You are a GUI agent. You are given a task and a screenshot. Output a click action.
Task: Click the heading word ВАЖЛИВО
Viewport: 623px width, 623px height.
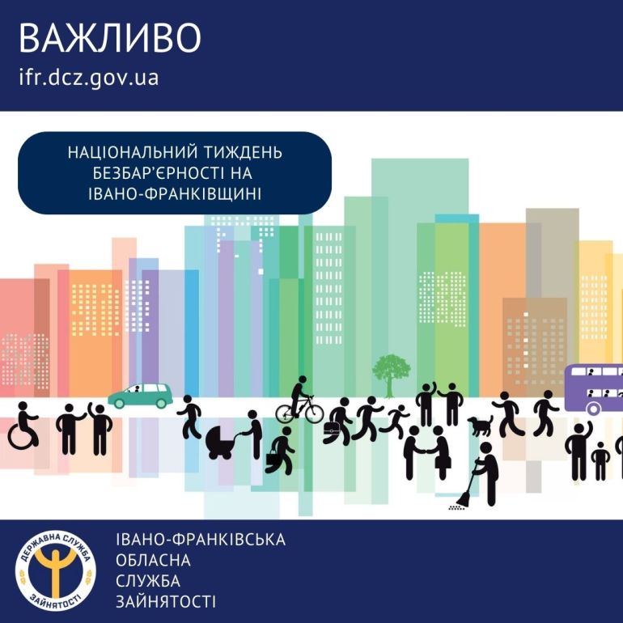click(x=110, y=38)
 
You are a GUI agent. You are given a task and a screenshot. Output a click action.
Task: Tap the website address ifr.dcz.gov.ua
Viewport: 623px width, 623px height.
click(x=89, y=77)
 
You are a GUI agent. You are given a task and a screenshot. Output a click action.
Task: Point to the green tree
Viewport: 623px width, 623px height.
click(x=391, y=375)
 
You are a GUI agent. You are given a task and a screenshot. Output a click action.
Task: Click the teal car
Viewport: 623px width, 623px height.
click(x=140, y=396)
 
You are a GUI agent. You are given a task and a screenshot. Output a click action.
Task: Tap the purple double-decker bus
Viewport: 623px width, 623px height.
click(x=594, y=389)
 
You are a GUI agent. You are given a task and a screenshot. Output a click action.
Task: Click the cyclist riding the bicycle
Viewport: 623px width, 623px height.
click(x=300, y=400)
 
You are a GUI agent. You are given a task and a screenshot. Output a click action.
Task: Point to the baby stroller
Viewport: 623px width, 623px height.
click(x=220, y=442)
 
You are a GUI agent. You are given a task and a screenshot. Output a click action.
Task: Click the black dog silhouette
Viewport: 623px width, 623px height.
click(x=480, y=426)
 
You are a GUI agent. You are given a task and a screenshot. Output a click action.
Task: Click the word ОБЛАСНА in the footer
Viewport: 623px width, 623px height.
click(x=153, y=560)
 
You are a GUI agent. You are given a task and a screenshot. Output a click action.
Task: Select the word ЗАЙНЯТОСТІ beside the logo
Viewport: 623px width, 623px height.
click(x=166, y=601)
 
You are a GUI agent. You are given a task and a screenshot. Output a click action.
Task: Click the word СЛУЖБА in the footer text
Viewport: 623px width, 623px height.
click(x=148, y=581)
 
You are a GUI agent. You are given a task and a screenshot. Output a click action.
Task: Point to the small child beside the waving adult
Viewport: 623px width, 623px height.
click(x=600, y=461)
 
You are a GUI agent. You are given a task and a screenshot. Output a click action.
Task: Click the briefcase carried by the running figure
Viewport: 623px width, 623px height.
click(x=331, y=428)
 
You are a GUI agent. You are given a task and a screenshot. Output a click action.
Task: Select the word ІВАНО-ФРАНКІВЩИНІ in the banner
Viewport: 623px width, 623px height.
click(x=175, y=195)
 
